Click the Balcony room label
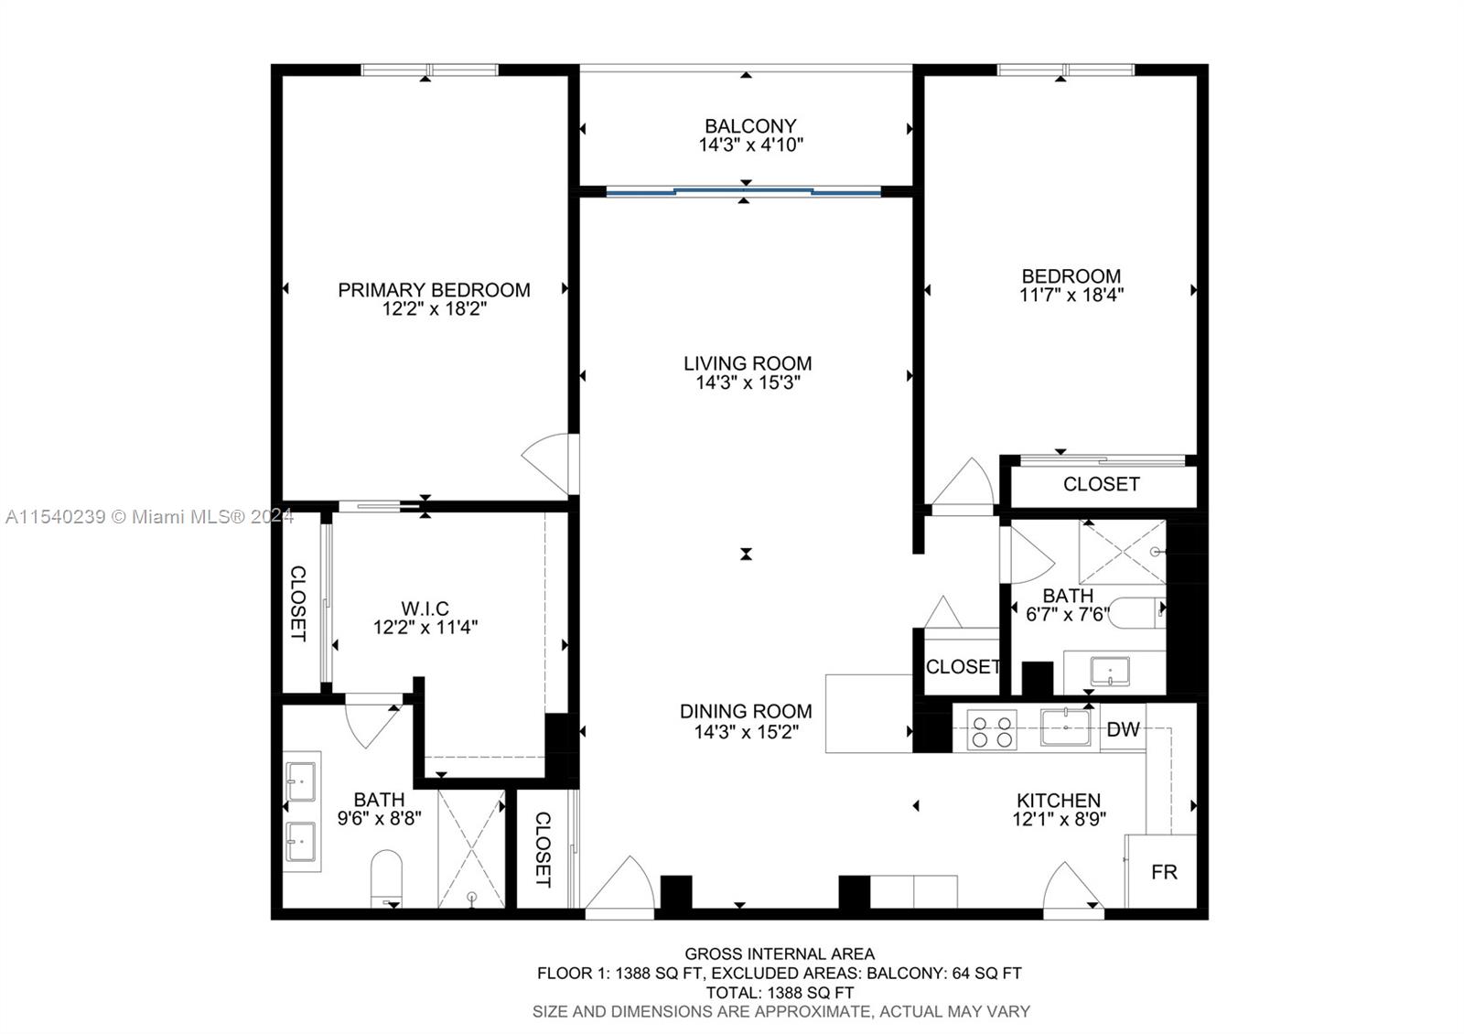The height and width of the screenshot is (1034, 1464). (x=750, y=125)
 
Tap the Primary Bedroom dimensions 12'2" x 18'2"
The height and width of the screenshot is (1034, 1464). (x=434, y=309)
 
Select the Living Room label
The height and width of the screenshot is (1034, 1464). (x=748, y=363)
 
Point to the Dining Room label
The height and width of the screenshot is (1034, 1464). (x=746, y=711)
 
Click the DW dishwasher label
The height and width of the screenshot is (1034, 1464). (x=1123, y=729)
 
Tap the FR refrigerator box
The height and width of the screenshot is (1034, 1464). (x=1163, y=872)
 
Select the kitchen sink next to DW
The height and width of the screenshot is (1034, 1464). (x=1066, y=728)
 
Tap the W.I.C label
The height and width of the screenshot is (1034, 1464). (x=425, y=609)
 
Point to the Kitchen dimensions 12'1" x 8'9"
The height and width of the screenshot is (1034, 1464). (x=1059, y=820)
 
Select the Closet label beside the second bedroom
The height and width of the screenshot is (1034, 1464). (x=1101, y=484)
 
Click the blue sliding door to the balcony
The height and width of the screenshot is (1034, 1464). (x=744, y=191)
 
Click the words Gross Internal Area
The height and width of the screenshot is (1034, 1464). (x=780, y=953)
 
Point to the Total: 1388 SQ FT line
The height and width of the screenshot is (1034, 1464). (x=780, y=992)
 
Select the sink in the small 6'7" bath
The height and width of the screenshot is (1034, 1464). (x=1109, y=672)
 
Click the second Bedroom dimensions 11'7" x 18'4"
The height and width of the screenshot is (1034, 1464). (x=1071, y=296)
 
